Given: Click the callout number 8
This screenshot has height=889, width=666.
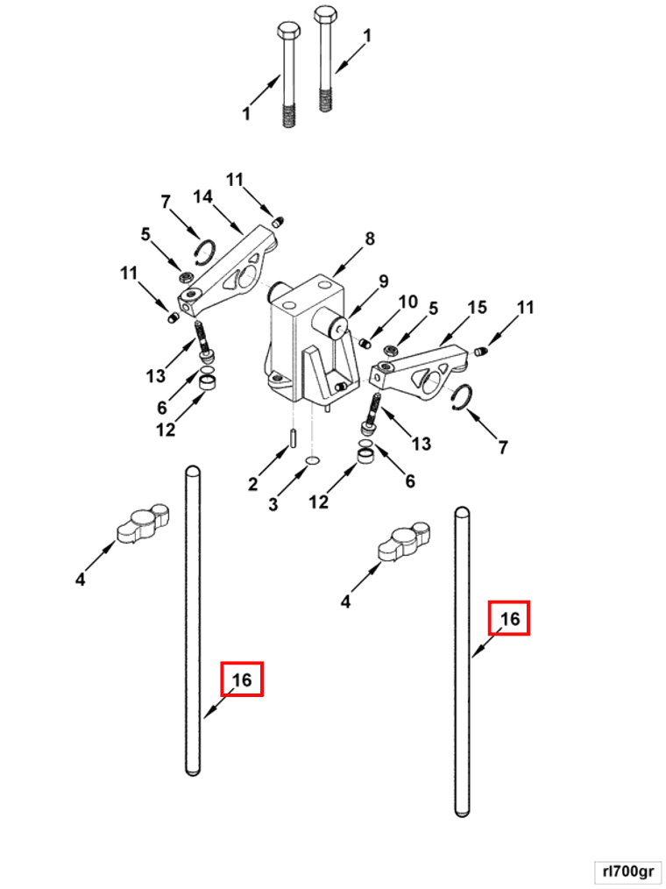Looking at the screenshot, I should click(370, 238).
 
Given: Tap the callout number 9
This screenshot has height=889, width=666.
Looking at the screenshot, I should click(383, 281).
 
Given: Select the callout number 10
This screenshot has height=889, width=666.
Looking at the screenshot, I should click(409, 302).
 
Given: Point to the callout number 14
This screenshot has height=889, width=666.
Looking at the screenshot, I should click(202, 197).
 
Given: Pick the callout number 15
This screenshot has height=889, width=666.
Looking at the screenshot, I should click(477, 308).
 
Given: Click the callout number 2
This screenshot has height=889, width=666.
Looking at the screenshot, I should click(253, 483).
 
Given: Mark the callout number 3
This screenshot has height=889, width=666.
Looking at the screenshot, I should click(273, 504).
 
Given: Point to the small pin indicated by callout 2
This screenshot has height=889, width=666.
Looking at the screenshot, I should click(293, 437).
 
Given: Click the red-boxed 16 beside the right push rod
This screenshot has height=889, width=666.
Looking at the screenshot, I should click(509, 619).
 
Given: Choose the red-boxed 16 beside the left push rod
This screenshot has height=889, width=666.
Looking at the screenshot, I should click(242, 679).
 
